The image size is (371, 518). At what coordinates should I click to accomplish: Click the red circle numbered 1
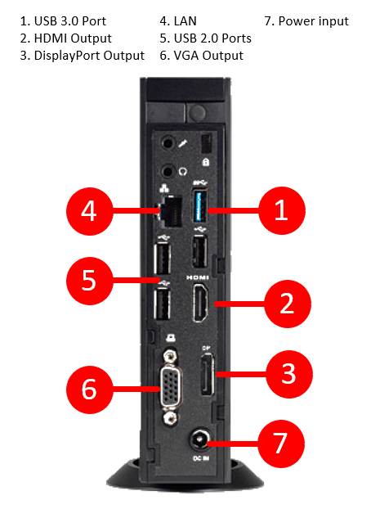pyautogui.click(x=282, y=210)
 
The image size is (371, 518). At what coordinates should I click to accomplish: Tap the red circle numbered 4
pyautogui.click(x=89, y=211)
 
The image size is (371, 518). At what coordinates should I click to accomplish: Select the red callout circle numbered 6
pyautogui.click(x=89, y=390)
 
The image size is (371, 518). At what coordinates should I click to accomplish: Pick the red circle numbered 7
pyautogui.click(x=280, y=444)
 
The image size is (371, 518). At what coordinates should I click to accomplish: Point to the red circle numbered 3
pyautogui.click(x=288, y=374)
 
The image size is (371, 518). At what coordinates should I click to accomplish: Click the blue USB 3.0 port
pyautogui.click(x=200, y=205)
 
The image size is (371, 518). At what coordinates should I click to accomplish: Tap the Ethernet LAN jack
pyautogui.click(x=171, y=211)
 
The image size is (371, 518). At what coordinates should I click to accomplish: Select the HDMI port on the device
pyautogui.click(x=200, y=302)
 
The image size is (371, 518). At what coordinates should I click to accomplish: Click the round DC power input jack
pyautogui.click(x=199, y=440)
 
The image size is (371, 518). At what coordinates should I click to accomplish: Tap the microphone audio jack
pyautogui.click(x=168, y=144)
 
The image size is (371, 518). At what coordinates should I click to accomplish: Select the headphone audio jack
pyautogui.click(x=168, y=172)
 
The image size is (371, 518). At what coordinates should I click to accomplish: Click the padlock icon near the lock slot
pyautogui.click(x=206, y=162)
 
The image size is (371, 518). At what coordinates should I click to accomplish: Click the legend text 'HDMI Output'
pyautogui.click(x=73, y=38)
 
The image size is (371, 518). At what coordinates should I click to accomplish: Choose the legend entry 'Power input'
pyautogui.click(x=313, y=21)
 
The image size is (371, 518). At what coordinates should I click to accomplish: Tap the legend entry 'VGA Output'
pyautogui.click(x=208, y=56)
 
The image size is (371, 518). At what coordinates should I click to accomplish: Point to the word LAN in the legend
pyautogui.click(x=185, y=21)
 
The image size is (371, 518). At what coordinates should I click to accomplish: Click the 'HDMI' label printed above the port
pyautogui.click(x=198, y=277)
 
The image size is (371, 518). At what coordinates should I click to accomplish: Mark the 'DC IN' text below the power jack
pyautogui.click(x=201, y=458)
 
